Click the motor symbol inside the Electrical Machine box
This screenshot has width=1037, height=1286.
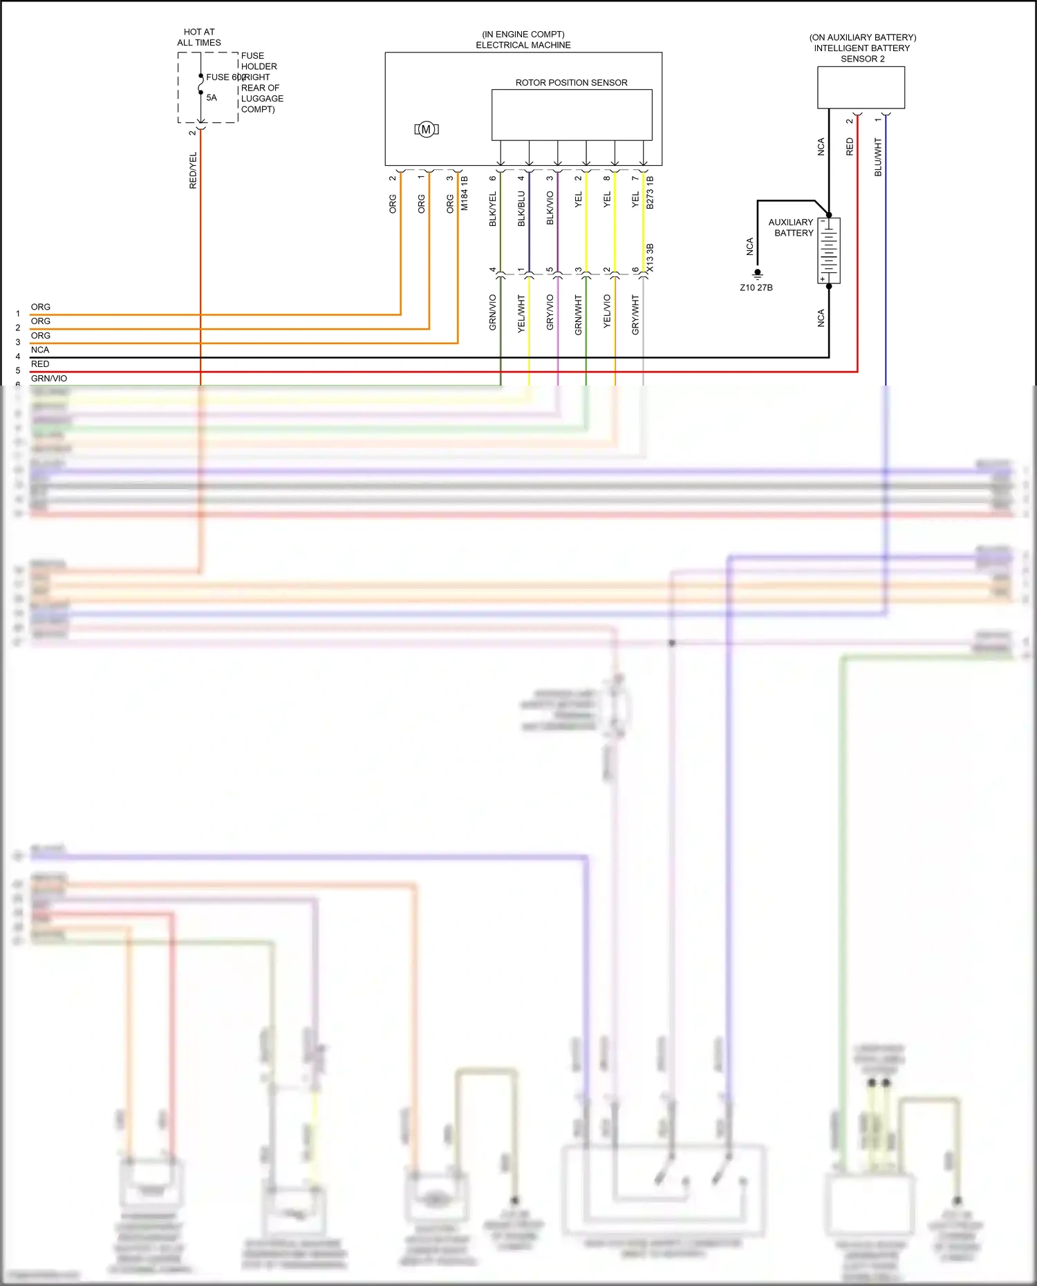(427, 129)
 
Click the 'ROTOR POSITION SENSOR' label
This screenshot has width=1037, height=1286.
(571, 83)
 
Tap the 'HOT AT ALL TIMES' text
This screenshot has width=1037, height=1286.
(199, 37)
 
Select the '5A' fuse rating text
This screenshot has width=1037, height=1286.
(212, 98)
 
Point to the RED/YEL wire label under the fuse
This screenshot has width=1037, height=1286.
(193, 171)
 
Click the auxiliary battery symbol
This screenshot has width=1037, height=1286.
(829, 250)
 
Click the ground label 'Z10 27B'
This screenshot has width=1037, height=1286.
(756, 287)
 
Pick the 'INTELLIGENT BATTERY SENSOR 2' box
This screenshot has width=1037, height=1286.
(861, 87)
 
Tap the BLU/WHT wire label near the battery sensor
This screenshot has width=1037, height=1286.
(878, 157)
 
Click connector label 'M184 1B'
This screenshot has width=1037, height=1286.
(465, 193)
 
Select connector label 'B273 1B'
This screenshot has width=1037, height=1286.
(650, 193)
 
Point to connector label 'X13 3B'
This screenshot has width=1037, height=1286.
(650, 258)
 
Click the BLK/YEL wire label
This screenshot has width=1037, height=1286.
(493, 209)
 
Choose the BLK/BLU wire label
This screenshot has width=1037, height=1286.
(521, 209)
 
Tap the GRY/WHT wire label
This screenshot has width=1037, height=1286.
(635, 315)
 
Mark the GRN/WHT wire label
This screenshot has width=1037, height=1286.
(579, 315)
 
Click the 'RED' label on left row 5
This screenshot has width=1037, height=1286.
(40, 364)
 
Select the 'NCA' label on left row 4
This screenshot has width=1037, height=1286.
(40, 350)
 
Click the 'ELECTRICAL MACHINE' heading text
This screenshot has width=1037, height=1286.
(523, 46)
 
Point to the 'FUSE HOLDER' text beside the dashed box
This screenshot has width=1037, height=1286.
(259, 61)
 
